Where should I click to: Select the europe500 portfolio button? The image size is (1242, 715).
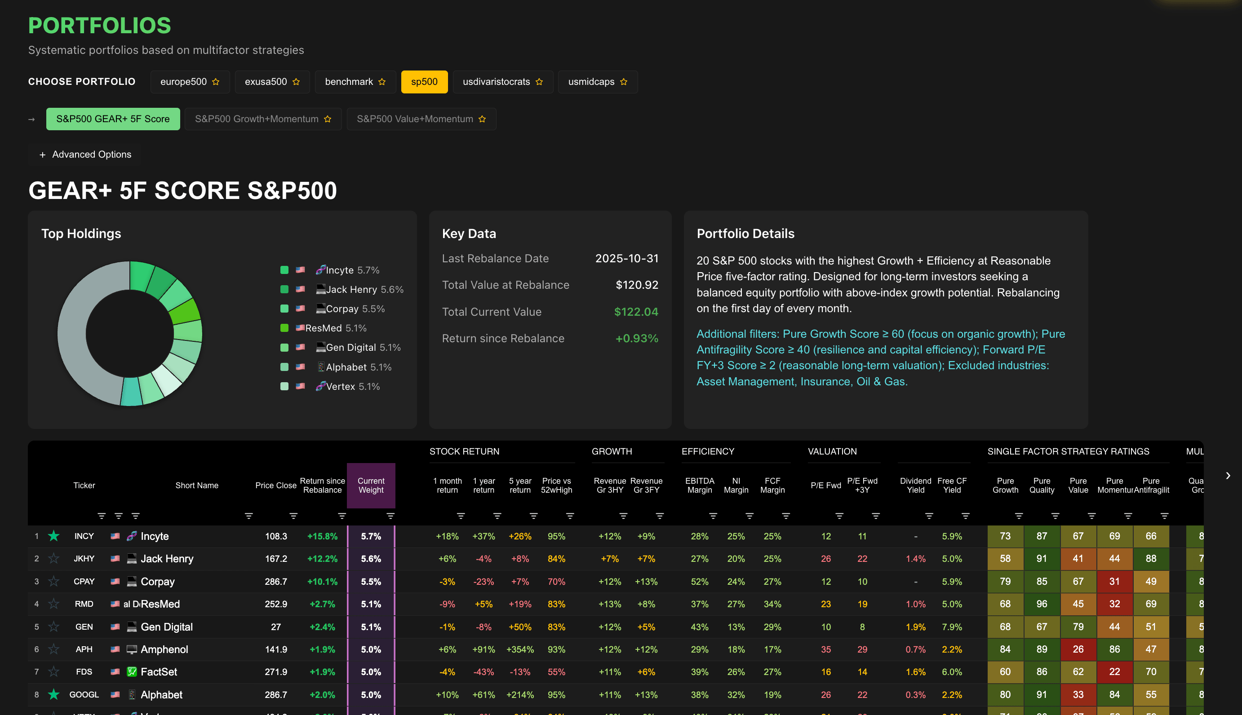pyautogui.click(x=189, y=82)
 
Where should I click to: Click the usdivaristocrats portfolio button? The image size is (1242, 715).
pyautogui.click(x=502, y=82)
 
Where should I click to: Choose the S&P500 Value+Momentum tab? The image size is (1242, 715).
pyautogui.click(x=421, y=119)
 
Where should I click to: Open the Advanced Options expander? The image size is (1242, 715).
pyautogui.click(x=85, y=154)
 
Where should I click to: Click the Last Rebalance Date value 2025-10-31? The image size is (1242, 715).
pyautogui.click(x=626, y=258)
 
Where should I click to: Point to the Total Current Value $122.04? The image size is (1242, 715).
pyautogui.click(x=636, y=312)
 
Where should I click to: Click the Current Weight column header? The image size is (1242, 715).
pyautogui.click(x=371, y=485)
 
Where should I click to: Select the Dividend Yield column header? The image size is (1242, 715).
pyautogui.click(x=915, y=485)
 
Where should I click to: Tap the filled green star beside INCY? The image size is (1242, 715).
pyautogui.click(x=53, y=536)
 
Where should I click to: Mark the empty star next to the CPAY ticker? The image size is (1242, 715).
pyautogui.click(x=53, y=582)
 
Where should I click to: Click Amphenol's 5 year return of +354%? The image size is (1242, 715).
pyautogui.click(x=520, y=649)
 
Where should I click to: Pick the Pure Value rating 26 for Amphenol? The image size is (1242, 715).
pyautogui.click(x=1078, y=649)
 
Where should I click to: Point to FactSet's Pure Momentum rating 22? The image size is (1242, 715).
pyautogui.click(x=1114, y=672)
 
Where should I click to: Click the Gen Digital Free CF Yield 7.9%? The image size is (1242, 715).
pyautogui.click(x=952, y=627)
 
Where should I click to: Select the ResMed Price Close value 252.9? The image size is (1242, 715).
pyautogui.click(x=275, y=604)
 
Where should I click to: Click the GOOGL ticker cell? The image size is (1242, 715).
pyautogui.click(x=84, y=694)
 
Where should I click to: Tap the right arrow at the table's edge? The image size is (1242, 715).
pyautogui.click(x=1227, y=475)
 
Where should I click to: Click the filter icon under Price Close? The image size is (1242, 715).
pyautogui.click(x=293, y=516)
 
